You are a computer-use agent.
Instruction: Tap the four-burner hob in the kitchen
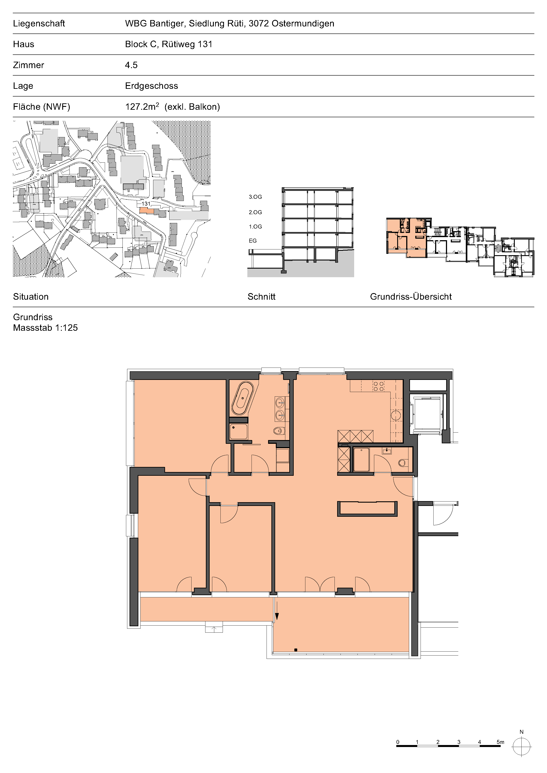tap(378, 386)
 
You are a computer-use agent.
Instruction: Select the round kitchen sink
tap(396, 415)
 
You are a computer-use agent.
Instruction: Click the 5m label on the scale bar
tap(500, 742)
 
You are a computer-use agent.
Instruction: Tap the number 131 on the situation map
tap(146, 204)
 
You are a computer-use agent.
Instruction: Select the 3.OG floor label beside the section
tap(255, 197)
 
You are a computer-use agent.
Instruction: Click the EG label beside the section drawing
tap(253, 241)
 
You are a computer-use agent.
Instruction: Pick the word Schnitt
tap(261, 297)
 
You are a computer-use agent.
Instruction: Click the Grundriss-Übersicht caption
tap(411, 297)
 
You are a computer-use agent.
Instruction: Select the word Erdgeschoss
tap(152, 86)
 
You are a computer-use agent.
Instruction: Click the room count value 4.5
tap(132, 65)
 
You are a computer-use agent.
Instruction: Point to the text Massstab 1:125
tap(45, 328)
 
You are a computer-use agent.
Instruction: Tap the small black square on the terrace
tap(296, 650)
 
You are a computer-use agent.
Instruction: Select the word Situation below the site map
tap(31, 297)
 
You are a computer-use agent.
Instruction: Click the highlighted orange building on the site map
tap(146, 210)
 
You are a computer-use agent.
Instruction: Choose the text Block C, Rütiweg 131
tap(169, 44)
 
